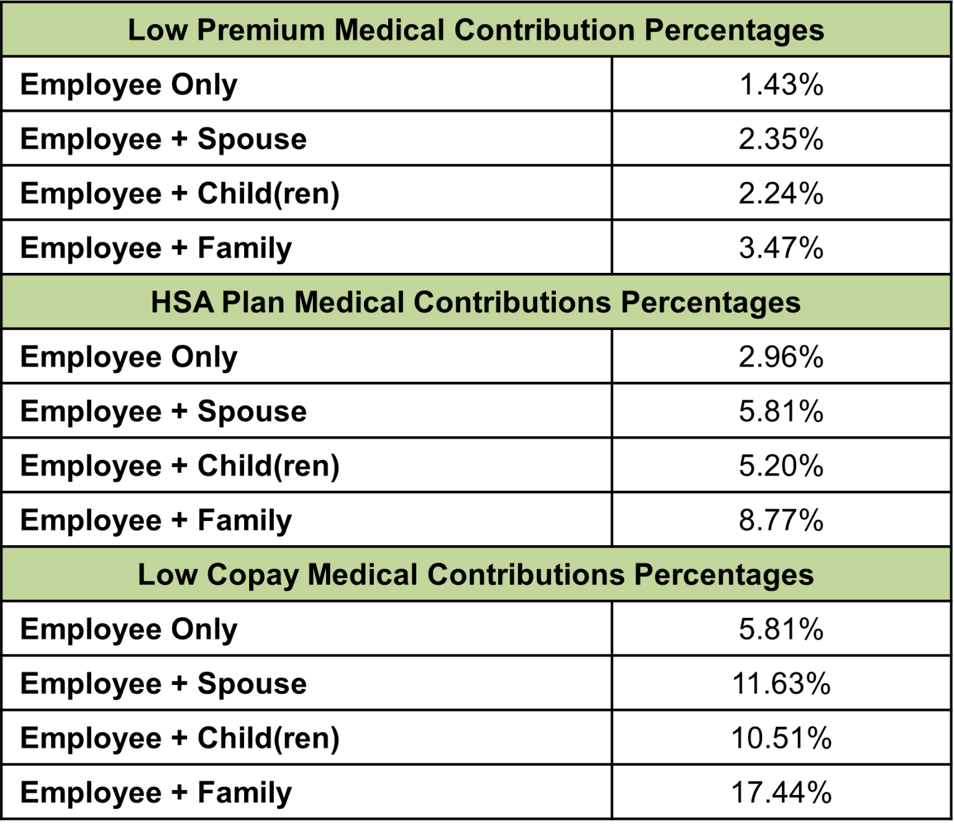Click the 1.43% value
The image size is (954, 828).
point(781,85)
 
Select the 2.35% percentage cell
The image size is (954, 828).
point(781,139)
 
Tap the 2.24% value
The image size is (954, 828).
point(781,193)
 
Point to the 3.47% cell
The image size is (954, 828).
point(781,248)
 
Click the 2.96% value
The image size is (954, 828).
point(781,357)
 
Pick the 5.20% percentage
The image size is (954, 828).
point(781,466)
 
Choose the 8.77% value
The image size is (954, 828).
point(781,520)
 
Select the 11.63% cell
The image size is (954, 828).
point(781,684)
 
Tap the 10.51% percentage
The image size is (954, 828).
point(781,738)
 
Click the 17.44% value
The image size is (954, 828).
point(781,793)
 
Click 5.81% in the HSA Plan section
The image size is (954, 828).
point(781,412)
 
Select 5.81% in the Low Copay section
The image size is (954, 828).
point(781,629)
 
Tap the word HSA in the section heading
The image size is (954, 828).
point(183,303)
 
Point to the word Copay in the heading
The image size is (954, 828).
point(252,575)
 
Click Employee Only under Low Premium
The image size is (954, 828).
point(129,85)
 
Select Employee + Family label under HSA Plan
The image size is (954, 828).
point(156,520)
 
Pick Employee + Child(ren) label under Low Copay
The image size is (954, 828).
point(179,738)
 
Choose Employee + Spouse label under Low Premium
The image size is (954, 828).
point(163,139)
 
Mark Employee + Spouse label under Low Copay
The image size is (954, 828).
point(163,684)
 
